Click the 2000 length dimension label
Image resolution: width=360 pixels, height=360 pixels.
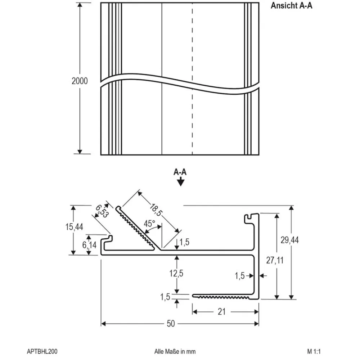click(80, 81)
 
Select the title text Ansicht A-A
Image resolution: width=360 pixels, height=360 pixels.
click(291, 6)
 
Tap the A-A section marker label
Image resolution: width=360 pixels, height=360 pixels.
click(180, 172)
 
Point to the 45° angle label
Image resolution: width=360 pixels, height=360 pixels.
click(149, 224)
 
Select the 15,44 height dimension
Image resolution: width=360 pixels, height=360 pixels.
click(75, 227)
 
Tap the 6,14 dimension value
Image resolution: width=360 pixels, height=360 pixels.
click(89, 246)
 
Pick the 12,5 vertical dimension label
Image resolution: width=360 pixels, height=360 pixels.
click(176, 273)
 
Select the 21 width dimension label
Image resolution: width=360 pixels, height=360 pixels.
click(222, 311)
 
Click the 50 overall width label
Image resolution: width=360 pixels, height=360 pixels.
click(171, 324)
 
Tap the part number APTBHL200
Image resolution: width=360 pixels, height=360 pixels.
click(42, 351)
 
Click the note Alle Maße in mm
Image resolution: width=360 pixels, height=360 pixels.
click(175, 351)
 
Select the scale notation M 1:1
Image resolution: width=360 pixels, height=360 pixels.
click(314, 351)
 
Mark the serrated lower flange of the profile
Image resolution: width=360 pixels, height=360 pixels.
click(223, 297)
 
